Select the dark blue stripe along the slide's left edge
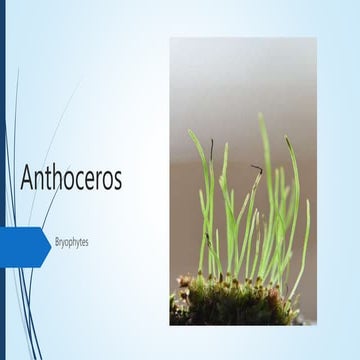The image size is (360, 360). (2, 180)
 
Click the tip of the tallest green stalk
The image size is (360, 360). (261, 115)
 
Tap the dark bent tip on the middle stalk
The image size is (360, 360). (256, 169)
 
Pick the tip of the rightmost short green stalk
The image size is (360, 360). (307, 201)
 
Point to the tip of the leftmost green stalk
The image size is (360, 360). (189, 130)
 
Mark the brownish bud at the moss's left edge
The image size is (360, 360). (181, 283)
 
